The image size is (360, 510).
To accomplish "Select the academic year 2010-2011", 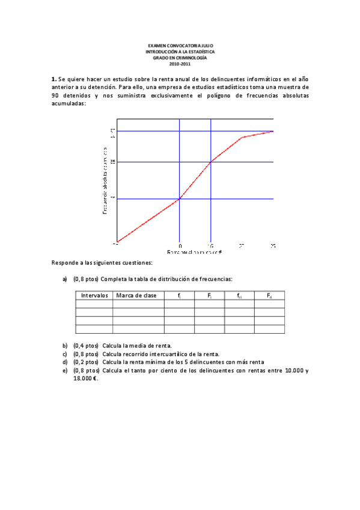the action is (x=180, y=64).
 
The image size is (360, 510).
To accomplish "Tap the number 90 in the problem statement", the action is (x=55, y=95).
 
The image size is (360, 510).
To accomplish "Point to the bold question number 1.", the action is (x=53, y=79).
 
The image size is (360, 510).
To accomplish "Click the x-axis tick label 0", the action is (x=180, y=246).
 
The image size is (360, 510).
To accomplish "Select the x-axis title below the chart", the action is (x=195, y=253).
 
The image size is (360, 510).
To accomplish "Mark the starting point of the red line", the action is (x=117, y=242).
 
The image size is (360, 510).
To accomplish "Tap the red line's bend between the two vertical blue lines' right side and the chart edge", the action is (x=242, y=138).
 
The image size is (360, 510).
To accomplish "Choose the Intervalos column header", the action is (x=94, y=295).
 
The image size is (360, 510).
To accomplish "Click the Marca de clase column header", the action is (x=138, y=295).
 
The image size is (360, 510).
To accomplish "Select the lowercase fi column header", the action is (x=179, y=295).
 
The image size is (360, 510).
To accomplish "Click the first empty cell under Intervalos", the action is (x=94, y=304).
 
